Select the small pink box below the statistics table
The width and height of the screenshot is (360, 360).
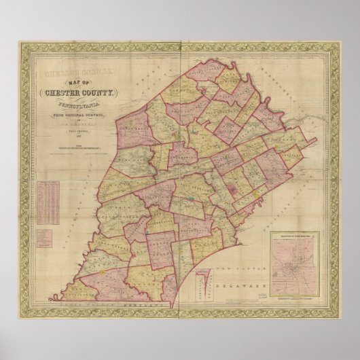tap(46, 238)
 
